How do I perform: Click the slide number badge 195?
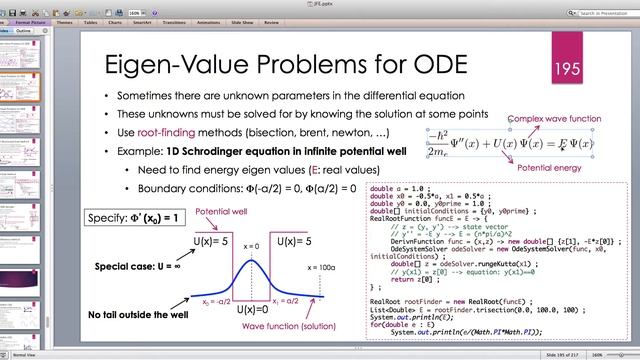567,67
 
